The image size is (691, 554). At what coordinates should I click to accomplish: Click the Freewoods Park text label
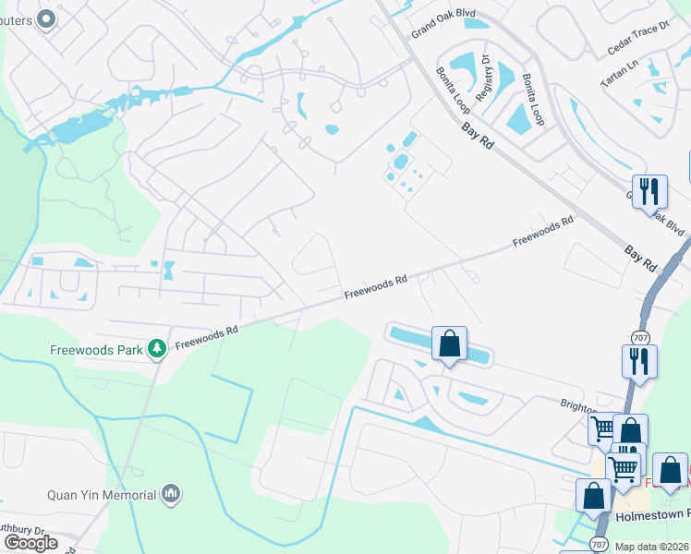pos(97,349)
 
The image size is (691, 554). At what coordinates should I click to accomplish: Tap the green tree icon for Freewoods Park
pos(158,347)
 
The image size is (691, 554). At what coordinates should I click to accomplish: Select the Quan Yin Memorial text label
pos(102,495)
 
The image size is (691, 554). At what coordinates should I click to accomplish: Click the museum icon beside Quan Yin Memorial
pos(169,495)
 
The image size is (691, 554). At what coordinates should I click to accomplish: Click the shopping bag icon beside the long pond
pos(449,344)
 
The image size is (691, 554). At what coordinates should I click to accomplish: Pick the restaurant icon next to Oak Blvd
pos(650,191)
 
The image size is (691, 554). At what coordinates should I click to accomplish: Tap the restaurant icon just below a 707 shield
pos(639,360)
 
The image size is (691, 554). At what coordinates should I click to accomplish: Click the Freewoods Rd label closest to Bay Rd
pos(544,231)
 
